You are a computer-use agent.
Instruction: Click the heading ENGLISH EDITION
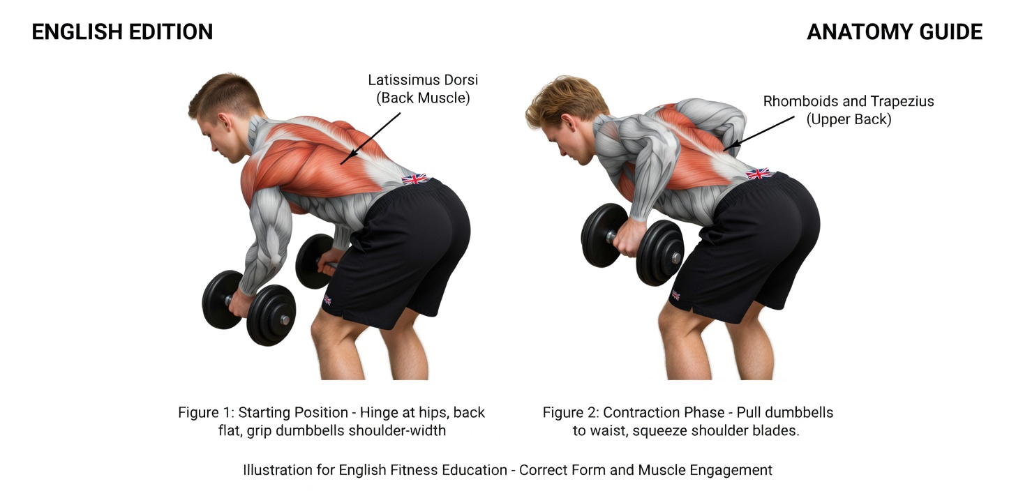click(x=122, y=32)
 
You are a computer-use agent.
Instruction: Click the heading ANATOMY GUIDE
click(x=895, y=32)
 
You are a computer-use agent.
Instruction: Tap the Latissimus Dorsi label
click(x=423, y=89)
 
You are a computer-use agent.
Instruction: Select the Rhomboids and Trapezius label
click(x=848, y=110)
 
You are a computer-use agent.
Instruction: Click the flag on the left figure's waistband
click(x=414, y=179)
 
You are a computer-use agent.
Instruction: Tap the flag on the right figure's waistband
click(x=759, y=173)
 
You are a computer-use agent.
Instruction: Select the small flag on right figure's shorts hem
click(x=676, y=296)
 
